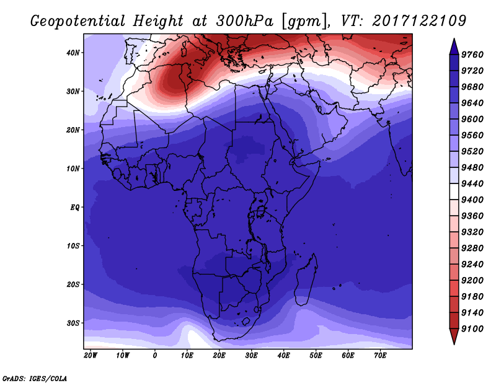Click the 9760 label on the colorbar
[472, 55]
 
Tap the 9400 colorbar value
[472, 200]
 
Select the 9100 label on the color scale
[472, 328]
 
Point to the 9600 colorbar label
[472, 119]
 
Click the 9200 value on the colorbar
[472, 280]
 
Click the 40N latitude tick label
[73, 53]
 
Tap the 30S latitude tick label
[73, 324]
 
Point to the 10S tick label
[73, 246]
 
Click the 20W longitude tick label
[91, 356]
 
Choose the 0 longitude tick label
[154, 356]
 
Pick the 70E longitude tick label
[380, 356]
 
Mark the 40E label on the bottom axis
[283, 356]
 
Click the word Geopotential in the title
[78, 22]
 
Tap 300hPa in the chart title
[244, 21]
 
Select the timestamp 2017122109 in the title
[419, 21]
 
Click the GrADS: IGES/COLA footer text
[35, 379]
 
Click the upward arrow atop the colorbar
[454, 46]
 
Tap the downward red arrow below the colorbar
[454, 337]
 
